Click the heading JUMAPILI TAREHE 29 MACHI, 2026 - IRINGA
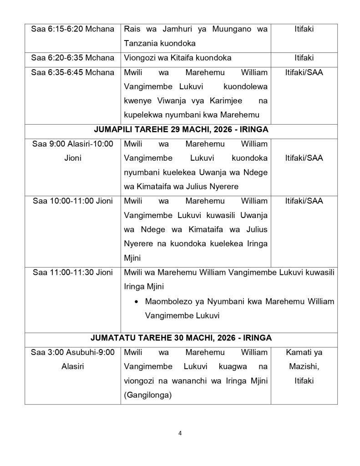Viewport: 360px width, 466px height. pyautogui.click(x=181, y=130)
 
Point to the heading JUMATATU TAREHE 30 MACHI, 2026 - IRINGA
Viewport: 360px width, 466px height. pyautogui.click(x=181, y=338)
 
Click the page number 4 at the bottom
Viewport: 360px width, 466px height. pyautogui.click(x=180, y=433)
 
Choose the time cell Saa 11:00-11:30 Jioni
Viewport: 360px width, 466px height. pyautogui.click(x=73, y=273)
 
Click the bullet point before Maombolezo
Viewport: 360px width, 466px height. pyautogui.click(x=137, y=301)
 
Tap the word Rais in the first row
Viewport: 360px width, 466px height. pyautogui.click(x=132, y=29)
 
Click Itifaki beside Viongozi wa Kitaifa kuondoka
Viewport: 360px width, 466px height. pyautogui.click(x=304, y=58)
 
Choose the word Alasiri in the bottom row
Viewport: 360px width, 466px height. pyautogui.click(x=73, y=366)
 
